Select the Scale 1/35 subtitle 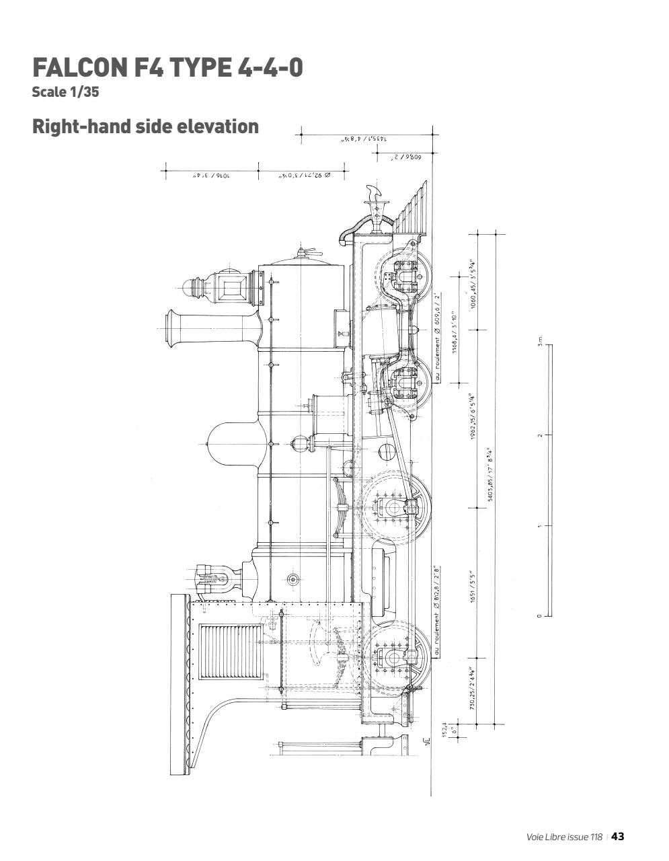[65, 92]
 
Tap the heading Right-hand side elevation [145, 126]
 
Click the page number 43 [618, 836]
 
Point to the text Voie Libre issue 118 [564, 837]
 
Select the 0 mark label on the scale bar [539, 615]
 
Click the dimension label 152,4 [447, 731]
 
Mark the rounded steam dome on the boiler [232, 443]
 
